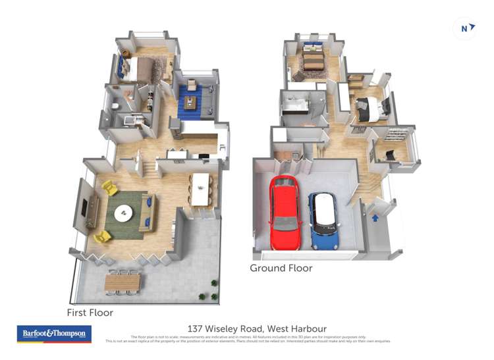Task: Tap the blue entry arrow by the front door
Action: pyautogui.click(x=375, y=217)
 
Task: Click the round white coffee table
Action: pyautogui.click(x=124, y=213)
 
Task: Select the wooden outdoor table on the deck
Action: pyautogui.click(x=123, y=283)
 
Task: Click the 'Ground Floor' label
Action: pyautogui.click(x=281, y=268)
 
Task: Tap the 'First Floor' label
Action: pyautogui.click(x=90, y=313)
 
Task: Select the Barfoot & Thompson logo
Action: pyautogui.click(x=54, y=334)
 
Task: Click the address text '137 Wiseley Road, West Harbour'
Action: pyautogui.click(x=257, y=328)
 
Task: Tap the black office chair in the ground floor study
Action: pyautogui.click(x=389, y=155)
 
